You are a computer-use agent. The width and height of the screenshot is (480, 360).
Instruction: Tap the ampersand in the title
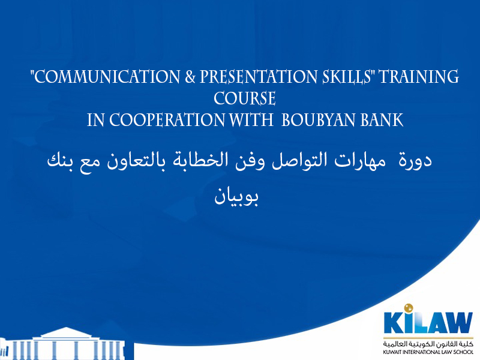pyautogui.click(x=190, y=77)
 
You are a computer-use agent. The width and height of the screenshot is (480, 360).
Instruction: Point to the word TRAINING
pyautogui.click(x=419, y=77)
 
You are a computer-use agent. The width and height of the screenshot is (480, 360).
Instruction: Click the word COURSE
pyautogui.click(x=245, y=98)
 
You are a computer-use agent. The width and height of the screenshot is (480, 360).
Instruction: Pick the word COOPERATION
pyautogui.click(x=167, y=119)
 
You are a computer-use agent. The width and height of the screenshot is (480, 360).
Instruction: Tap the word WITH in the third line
pyautogui.click(x=251, y=119)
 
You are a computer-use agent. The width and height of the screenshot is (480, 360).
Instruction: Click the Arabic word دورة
pyautogui.click(x=415, y=160)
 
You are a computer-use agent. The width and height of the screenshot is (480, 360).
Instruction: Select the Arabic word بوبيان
pyautogui.click(x=236, y=197)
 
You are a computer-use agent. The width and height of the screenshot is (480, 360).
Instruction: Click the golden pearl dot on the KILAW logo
pyautogui.click(x=409, y=308)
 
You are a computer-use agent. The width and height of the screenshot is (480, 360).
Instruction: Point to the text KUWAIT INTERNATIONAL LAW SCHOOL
pyautogui.click(x=428, y=352)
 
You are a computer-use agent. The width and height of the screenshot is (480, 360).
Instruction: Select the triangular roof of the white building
pyautogui.click(x=66, y=333)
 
